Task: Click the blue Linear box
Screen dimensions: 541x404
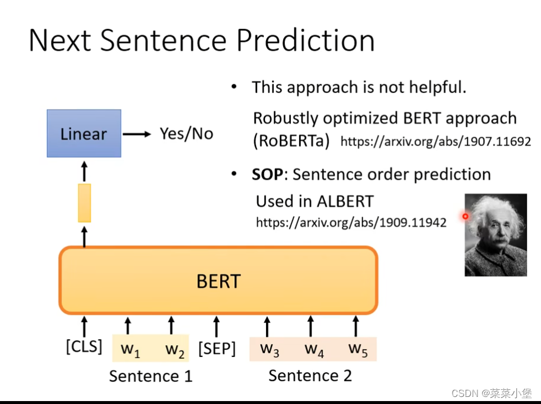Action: click(x=84, y=133)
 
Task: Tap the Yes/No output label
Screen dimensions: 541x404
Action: click(x=186, y=134)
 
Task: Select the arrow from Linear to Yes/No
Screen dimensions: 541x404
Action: click(x=137, y=134)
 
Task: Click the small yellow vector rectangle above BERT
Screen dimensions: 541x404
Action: click(x=85, y=203)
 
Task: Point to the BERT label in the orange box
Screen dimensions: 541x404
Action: click(x=218, y=281)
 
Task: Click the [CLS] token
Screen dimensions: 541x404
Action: click(x=84, y=346)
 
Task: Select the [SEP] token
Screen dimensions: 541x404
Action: click(x=217, y=349)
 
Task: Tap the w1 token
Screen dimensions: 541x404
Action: click(x=131, y=349)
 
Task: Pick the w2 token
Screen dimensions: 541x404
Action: click(x=175, y=349)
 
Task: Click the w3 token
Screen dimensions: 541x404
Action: click(x=270, y=349)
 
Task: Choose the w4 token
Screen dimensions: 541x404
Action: click(x=314, y=349)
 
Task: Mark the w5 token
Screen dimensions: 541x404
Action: click(x=358, y=349)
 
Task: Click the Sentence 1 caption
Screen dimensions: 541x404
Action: click(x=151, y=376)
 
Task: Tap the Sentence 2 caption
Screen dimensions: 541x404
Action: click(x=310, y=375)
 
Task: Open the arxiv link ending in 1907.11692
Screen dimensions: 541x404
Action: click(x=436, y=141)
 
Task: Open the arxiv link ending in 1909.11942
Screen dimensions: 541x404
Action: click(x=351, y=223)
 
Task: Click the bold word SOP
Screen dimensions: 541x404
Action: click(x=267, y=174)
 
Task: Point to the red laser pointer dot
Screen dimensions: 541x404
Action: click(x=466, y=217)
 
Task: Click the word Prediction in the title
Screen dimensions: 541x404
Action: click(x=306, y=41)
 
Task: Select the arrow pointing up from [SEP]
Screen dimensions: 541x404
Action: click(x=216, y=326)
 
